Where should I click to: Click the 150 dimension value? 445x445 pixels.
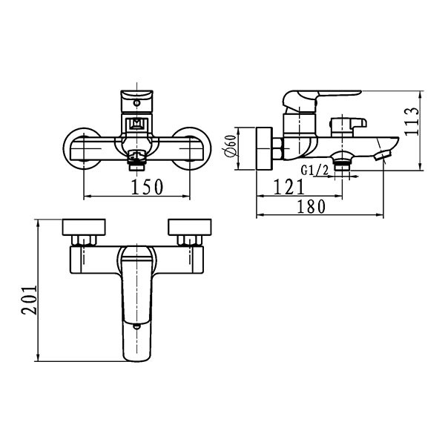[x=147, y=187]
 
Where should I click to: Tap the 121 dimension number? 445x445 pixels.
[x=289, y=187]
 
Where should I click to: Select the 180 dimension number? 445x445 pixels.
[x=311, y=206]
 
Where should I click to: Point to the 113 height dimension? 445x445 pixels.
[x=412, y=122]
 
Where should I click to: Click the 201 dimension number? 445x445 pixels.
[x=29, y=300]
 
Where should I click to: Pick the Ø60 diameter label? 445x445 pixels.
[x=231, y=146]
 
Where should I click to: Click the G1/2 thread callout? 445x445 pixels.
[x=314, y=171]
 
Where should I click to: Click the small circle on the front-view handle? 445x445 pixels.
[x=137, y=103]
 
